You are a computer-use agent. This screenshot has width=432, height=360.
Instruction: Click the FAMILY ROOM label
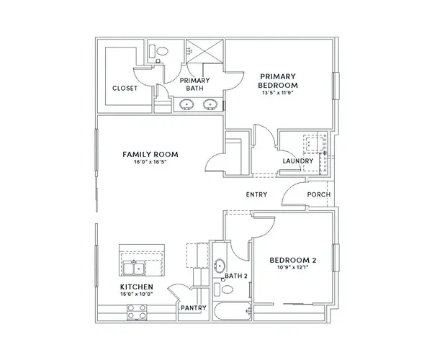coord(150,154)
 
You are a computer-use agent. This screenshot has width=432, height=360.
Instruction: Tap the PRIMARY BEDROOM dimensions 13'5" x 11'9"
coord(277,93)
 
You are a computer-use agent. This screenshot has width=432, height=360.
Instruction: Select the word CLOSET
coord(125,89)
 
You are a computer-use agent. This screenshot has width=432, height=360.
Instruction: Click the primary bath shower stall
coord(204,51)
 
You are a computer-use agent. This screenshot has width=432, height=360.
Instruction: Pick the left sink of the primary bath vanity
coord(186,104)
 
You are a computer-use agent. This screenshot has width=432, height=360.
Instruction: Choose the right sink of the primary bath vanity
coord(210,104)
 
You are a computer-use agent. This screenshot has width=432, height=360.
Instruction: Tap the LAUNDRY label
coord(298,161)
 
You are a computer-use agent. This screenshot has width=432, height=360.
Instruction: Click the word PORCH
coord(319,194)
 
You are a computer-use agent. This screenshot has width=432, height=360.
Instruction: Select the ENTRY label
coord(256,194)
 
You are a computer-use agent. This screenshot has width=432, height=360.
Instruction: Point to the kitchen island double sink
coord(134,269)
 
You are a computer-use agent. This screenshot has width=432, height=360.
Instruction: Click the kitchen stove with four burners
coord(137,312)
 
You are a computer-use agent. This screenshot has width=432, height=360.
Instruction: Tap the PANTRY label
coord(194,308)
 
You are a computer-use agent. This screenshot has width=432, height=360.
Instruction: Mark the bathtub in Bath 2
coord(233,312)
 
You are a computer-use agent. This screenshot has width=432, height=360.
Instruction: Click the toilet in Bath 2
coord(224,289)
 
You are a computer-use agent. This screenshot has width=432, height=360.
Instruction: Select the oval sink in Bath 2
coord(220,266)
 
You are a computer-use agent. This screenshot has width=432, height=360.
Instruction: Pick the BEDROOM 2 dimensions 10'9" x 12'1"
coord(293,267)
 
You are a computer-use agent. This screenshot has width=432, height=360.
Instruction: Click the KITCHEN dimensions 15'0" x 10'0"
coord(137,294)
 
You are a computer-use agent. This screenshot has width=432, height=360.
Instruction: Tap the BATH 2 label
coord(236,276)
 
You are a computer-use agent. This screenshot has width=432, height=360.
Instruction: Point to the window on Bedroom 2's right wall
coord(336,258)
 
